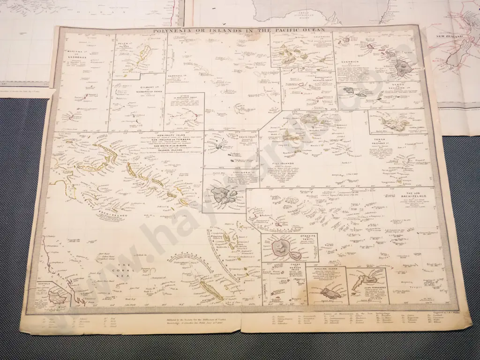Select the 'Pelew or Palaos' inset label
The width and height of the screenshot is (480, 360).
pyautogui.click(x=124, y=46)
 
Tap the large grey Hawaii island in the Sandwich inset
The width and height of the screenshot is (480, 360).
pyautogui.click(x=402, y=68)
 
